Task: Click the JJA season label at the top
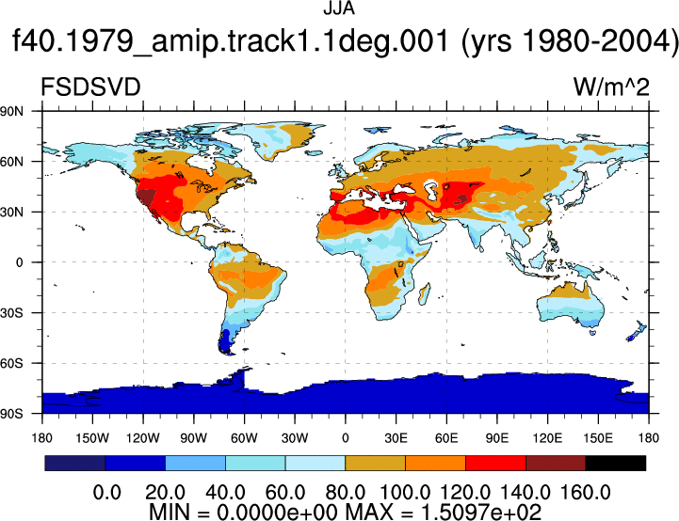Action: pos(339,8)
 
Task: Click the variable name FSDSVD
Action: pos(90,87)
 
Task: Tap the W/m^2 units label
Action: pos(611,87)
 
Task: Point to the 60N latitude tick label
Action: pos(11,162)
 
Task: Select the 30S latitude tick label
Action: pos(11,313)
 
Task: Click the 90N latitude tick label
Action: pos(11,112)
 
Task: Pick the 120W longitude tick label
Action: pos(143,438)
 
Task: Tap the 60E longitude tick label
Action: pos(446,438)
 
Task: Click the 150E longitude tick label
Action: pos(598,438)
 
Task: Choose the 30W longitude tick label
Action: pos(295,438)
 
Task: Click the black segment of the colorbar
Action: pos(615,463)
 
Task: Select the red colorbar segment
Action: pos(495,463)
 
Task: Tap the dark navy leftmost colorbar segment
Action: pos(75,463)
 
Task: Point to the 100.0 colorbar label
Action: pos(405,493)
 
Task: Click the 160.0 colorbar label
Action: pos(586,493)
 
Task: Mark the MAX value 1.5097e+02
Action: pos(481,513)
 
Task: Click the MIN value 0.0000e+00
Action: pos(277,513)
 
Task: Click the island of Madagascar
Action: pos(425,293)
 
